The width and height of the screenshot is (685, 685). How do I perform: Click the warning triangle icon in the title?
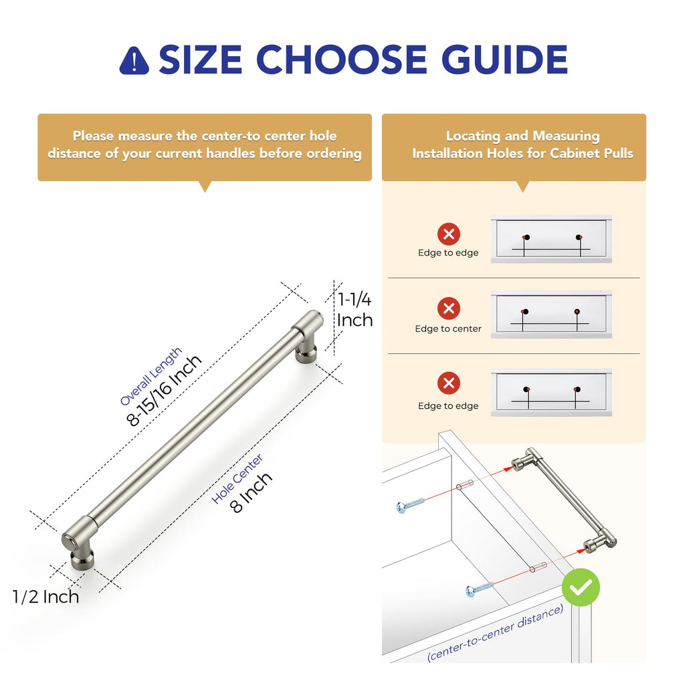point(134,61)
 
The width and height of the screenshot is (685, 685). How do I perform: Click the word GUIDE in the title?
point(504,60)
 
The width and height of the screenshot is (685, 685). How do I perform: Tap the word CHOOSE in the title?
point(342,60)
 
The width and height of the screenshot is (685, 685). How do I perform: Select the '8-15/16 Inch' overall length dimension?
point(164,390)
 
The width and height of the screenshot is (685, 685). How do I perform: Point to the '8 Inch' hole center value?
point(251,492)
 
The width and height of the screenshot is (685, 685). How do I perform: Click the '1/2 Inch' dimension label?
point(46,597)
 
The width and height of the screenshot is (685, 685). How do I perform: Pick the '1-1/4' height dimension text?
point(355,299)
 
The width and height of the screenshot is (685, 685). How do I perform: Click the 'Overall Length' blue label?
point(151,376)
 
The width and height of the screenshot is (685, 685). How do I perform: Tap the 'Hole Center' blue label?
point(237,478)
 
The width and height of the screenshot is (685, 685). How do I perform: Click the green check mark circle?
point(581,587)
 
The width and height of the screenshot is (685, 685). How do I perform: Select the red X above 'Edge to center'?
point(449,308)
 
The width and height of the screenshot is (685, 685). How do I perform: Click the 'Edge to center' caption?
point(448,328)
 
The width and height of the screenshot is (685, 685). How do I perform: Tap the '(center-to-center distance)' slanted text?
point(495,633)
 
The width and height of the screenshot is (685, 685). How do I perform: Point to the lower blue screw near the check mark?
point(479,589)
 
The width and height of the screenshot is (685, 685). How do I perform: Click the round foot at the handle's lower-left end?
point(82,559)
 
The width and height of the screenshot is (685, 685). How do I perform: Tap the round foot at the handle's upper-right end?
point(306,352)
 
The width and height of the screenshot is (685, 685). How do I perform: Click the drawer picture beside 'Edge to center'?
point(551,314)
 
